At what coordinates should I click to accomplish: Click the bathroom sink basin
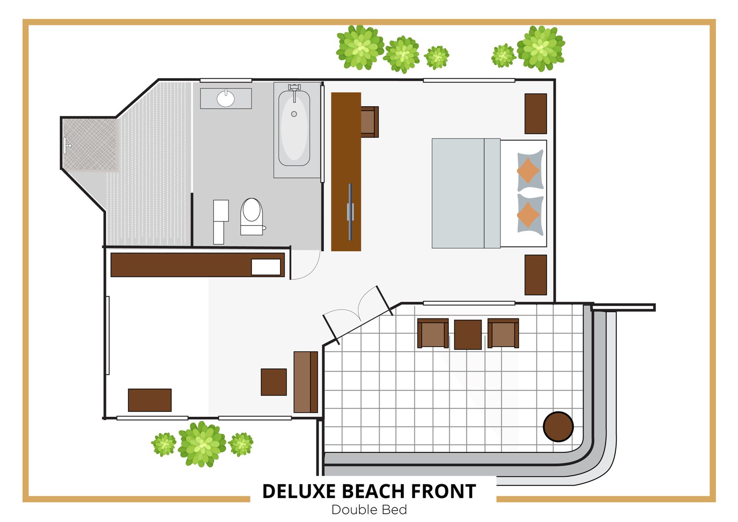click(226, 99)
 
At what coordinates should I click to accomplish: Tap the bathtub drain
click(294, 114)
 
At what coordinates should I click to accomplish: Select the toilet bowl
click(252, 210)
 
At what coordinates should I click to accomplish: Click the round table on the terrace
click(558, 426)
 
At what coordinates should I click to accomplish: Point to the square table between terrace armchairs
click(468, 335)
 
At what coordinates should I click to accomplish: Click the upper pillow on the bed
click(530, 170)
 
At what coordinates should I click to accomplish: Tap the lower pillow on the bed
click(530, 214)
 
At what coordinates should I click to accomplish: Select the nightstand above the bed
click(536, 114)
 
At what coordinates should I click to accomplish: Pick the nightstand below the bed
click(536, 275)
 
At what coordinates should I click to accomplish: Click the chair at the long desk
click(369, 122)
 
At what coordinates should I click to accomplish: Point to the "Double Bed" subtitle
click(369, 510)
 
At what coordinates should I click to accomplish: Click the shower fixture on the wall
click(67, 145)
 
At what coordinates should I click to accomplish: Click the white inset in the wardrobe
click(266, 267)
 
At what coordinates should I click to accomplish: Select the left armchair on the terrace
click(433, 333)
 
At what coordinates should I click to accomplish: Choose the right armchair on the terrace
click(503, 333)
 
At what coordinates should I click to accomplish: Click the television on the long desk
click(351, 212)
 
